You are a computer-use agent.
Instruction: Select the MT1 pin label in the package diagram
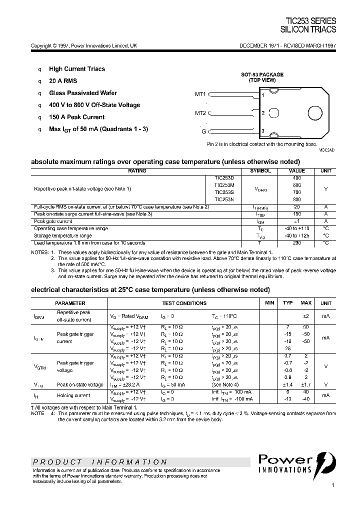pyautogui.click(x=200, y=94)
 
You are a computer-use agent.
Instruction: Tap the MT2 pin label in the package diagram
pyautogui.click(x=200, y=112)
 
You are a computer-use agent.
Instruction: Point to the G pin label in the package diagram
pyautogui.click(x=203, y=131)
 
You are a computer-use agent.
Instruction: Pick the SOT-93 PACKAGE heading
pyautogui.click(x=262, y=74)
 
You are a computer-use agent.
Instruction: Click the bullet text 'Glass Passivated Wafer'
pyautogui.click(x=83, y=93)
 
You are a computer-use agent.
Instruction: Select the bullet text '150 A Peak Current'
pyautogui.click(x=76, y=117)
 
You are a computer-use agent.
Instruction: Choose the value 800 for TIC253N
pyautogui.click(x=296, y=199)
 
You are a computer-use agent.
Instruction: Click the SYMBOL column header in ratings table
pyautogui.click(x=260, y=171)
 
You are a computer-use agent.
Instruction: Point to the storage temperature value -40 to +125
pyautogui.click(x=296, y=235)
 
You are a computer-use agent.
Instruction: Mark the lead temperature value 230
pyautogui.click(x=296, y=242)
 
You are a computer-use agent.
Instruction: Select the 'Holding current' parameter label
pyautogui.click(x=73, y=395)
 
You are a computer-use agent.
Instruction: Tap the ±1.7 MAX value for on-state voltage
pyautogui.click(x=305, y=384)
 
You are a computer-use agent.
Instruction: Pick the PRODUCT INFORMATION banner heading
pyautogui.click(x=100, y=462)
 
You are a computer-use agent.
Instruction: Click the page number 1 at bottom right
pyautogui.click(x=332, y=485)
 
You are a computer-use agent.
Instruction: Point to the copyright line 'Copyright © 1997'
pyautogui.click(x=84, y=45)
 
